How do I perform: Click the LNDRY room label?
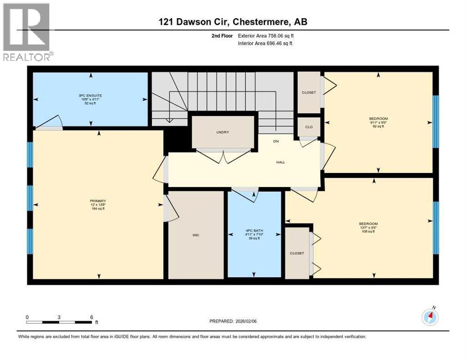(x=223, y=132)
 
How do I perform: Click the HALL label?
(x=280, y=162)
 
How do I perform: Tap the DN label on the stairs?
(x=277, y=141)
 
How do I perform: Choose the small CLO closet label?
(x=309, y=127)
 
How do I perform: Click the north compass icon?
(x=429, y=317)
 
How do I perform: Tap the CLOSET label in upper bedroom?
(x=309, y=92)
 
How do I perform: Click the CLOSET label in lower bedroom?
(x=297, y=253)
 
